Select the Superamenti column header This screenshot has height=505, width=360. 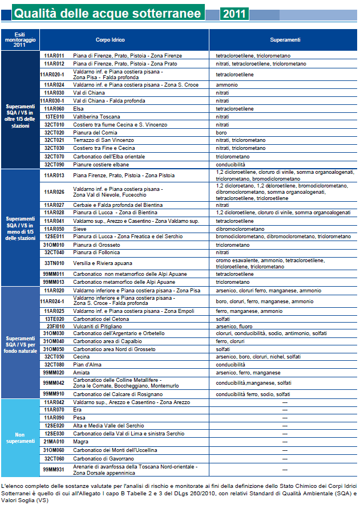(285, 40)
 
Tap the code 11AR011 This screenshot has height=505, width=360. (54, 55)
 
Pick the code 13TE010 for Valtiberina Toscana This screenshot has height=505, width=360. (54, 116)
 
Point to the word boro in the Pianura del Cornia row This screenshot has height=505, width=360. (221, 132)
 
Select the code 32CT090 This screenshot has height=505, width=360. (54, 164)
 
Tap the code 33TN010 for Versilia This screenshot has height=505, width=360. (54, 263)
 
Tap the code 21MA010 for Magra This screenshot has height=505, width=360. (54, 441)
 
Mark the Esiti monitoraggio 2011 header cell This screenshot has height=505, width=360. (20, 40)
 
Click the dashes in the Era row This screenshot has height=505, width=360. (285, 409)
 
